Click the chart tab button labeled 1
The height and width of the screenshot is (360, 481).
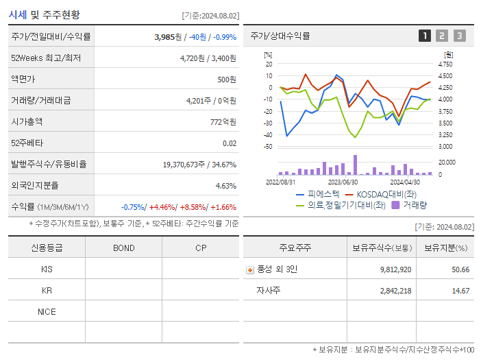pyautogui.click(x=425, y=36)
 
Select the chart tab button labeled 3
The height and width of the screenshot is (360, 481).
pyautogui.click(x=459, y=36)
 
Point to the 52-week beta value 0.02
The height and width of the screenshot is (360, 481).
pyautogui.click(x=230, y=143)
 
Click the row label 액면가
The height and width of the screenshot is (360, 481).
pyautogui.click(x=23, y=80)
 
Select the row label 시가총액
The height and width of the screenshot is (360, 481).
pyautogui.click(x=27, y=122)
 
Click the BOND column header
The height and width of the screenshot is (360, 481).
pyautogui.click(x=123, y=248)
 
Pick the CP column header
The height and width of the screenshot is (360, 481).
pyautogui.click(x=201, y=248)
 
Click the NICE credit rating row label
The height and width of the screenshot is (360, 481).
pyautogui.click(x=47, y=311)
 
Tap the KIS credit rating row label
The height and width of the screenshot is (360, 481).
pyautogui.click(x=47, y=269)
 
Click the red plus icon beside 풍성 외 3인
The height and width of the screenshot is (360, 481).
pyautogui.click(x=250, y=269)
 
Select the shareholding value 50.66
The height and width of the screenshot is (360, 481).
pyautogui.click(x=460, y=269)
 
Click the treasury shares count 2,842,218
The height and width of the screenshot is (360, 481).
pyautogui.click(x=395, y=291)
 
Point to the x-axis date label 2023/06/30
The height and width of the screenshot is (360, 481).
pyautogui.click(x=343, y=182)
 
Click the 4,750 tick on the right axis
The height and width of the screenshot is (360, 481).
pyautogui.click(x=445, y=64)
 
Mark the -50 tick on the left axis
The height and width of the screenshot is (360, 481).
pyautogui.click(x=269, y=147)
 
